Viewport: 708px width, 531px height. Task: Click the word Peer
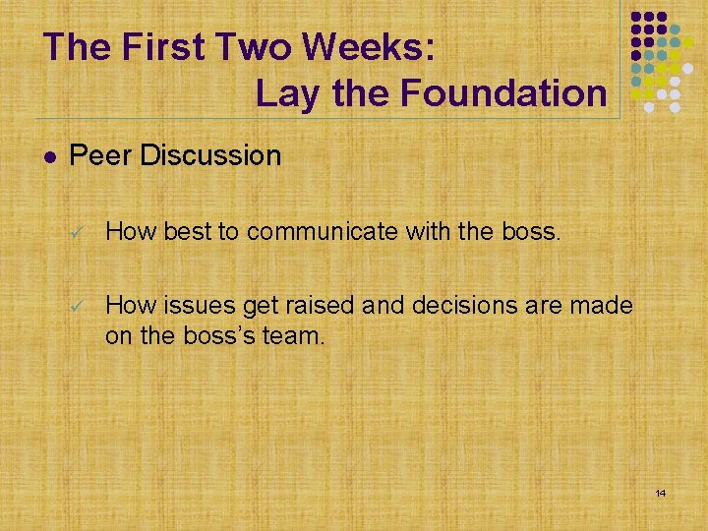[x=101, y=155]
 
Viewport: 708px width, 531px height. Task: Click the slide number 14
[x=661, y=492]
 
